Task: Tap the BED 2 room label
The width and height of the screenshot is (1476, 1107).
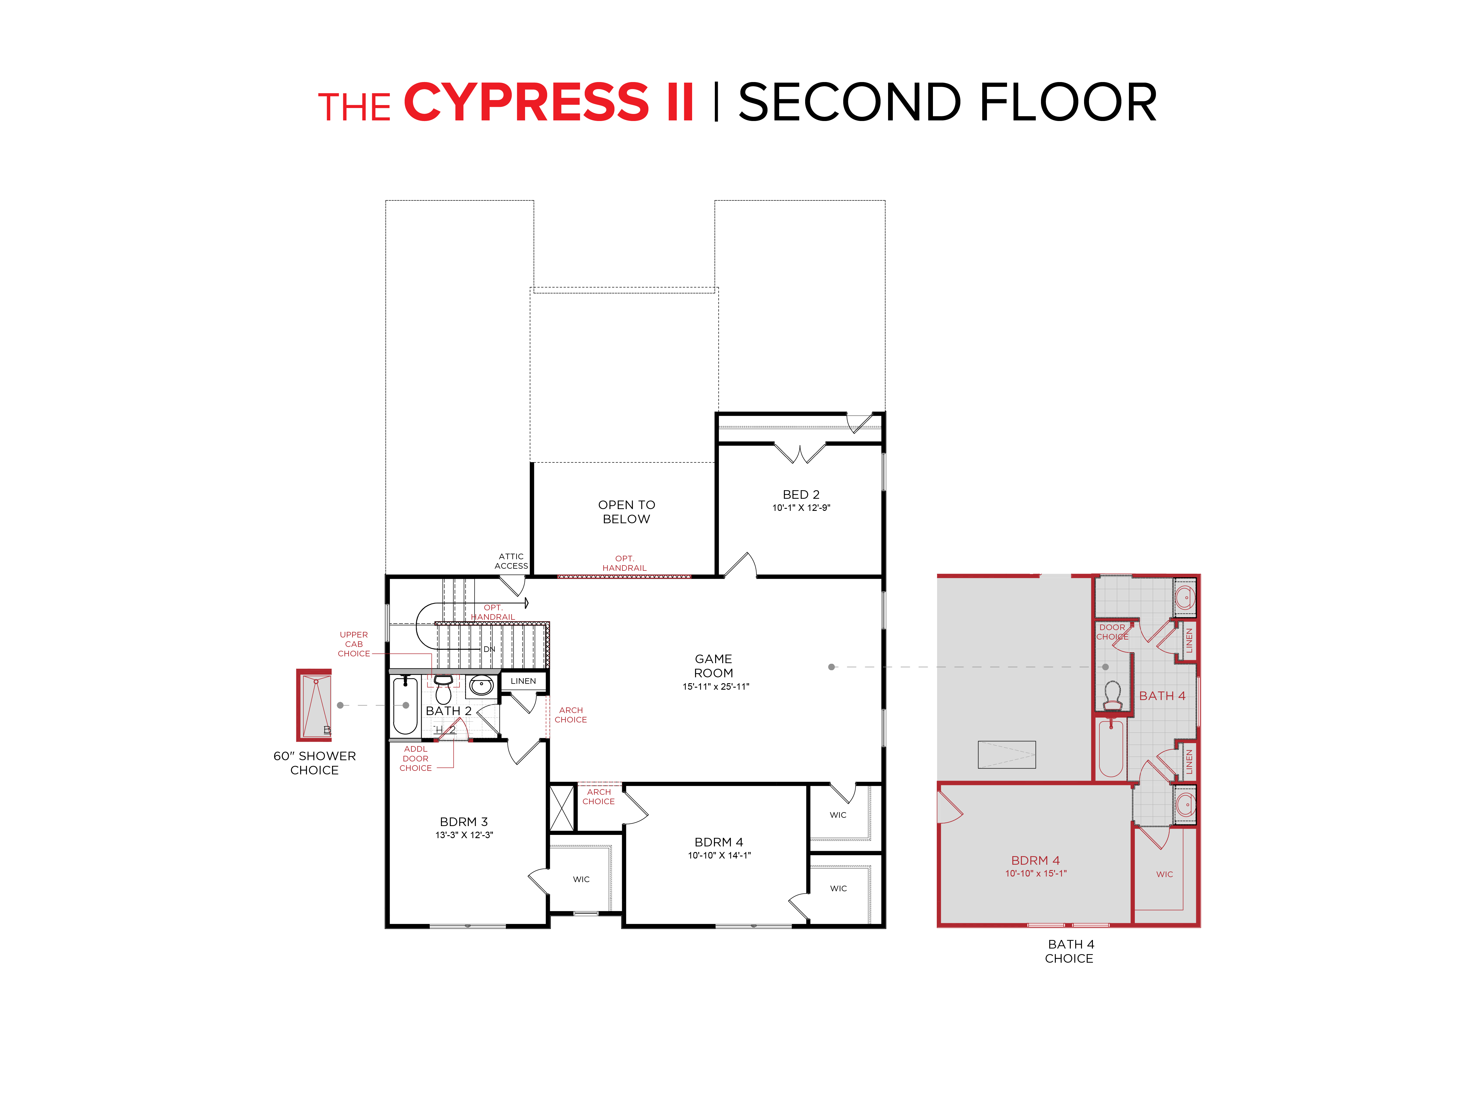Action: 801,494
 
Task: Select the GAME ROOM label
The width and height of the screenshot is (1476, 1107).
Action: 713,666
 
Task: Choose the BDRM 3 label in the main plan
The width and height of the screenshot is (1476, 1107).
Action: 464,821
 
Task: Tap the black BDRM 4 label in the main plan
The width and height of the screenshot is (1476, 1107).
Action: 719,842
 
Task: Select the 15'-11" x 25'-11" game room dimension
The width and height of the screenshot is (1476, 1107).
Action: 715,687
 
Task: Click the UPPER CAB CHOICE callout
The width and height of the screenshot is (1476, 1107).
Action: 354,644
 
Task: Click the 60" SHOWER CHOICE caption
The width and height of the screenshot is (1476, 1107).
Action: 314,763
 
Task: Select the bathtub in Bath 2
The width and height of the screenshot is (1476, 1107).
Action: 405,705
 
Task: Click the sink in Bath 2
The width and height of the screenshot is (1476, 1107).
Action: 481,685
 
